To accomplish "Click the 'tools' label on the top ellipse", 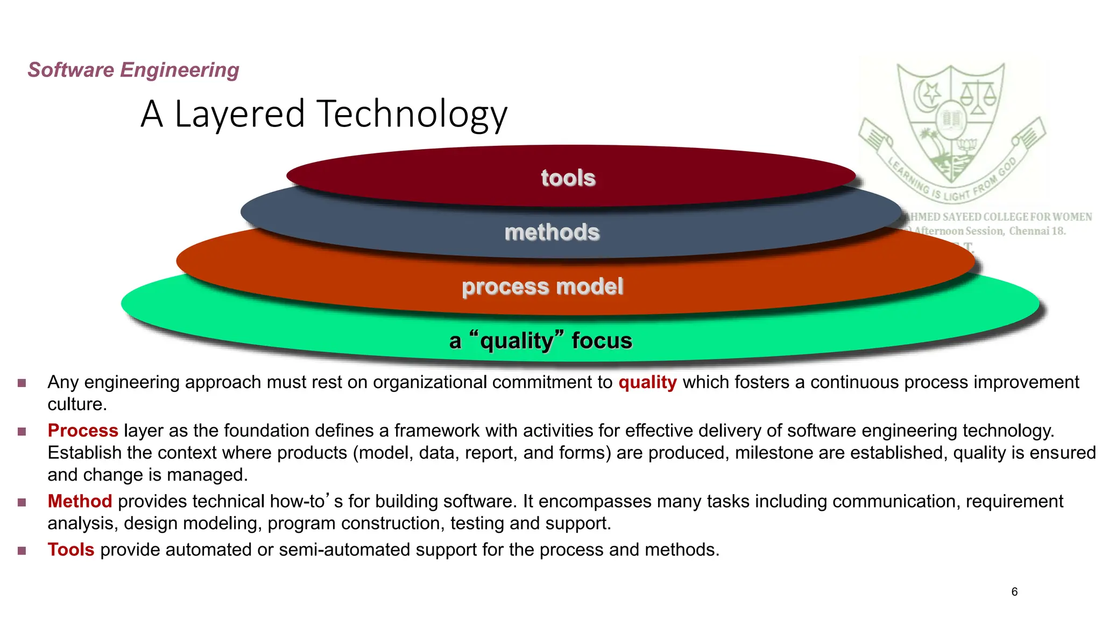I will point(568,178).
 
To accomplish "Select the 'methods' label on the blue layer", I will point(552,232).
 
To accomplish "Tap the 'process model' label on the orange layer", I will point(542,286).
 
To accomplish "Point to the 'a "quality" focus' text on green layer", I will point(541,341).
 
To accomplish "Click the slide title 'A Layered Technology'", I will point(324,114).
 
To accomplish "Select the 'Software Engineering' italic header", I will point(133,70).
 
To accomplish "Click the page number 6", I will point(1014,592).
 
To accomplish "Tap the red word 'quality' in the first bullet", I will point(647,382).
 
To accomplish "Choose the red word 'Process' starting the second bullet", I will point(83,431).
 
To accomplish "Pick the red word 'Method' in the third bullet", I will point(80,502).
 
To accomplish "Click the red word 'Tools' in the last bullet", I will point(71,550).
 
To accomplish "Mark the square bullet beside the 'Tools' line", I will point(22,551).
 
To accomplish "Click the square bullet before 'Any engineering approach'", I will point(22,383).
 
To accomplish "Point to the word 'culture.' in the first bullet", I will point(77,404).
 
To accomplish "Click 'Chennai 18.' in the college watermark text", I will point(1037,231).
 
